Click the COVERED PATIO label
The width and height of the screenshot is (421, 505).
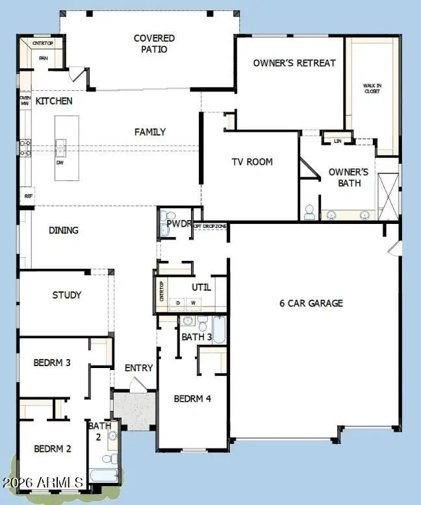pyautogui.click(x=154, y=43)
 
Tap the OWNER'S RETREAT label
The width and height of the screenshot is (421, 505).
pyautogui.click(x=294, y=63)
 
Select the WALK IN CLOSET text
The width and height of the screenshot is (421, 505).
pyautogui.click(x=372, y=88)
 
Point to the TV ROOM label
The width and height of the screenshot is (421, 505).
pyautogui.click(x=252, y=162)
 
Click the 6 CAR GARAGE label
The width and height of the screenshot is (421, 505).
pyautogui.click(x=311, y=303)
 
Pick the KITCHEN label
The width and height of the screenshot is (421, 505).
pyautogui.click(x=54, y=101)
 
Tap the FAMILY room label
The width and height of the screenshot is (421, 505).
pyautogui.click(x=150, y=132)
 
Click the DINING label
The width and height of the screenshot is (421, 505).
pyautogui.click(x=63, y=230)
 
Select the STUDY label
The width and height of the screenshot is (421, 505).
pyautogui.click(x=67, y=295)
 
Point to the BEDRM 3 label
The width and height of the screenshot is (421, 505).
pyautogui.click(x=53, y=362)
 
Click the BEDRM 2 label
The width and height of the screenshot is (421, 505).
pyautogui.click(x=53, y=449)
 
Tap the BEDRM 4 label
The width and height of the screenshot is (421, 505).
pyautogui.click(x=192, y=399)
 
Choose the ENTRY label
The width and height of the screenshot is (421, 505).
pyautogui.click(x=139, y=368)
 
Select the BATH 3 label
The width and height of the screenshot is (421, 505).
pyautogui.click(x=196, y=336)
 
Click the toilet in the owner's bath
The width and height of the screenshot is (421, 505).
pyautogui.click(x=309, y=212)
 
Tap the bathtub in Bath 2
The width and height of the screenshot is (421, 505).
pyautogui.click(x=105, y=474)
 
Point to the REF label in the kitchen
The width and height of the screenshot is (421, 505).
pyautogui.click(x=28, y=195)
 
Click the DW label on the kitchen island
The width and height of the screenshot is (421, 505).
pyautogui.click(x=60, y=162)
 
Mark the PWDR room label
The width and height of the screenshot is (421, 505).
pyautogui.click(x=178, y=223)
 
